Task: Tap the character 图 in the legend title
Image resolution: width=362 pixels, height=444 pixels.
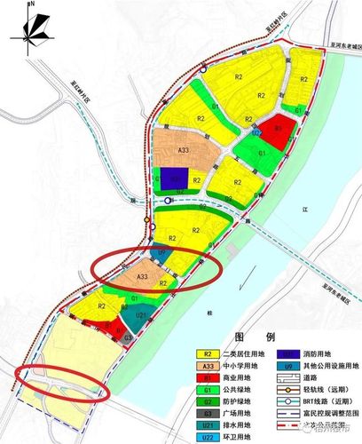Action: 238,338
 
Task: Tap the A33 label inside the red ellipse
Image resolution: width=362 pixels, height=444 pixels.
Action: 141,277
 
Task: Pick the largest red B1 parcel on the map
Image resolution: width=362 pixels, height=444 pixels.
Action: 279,130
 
